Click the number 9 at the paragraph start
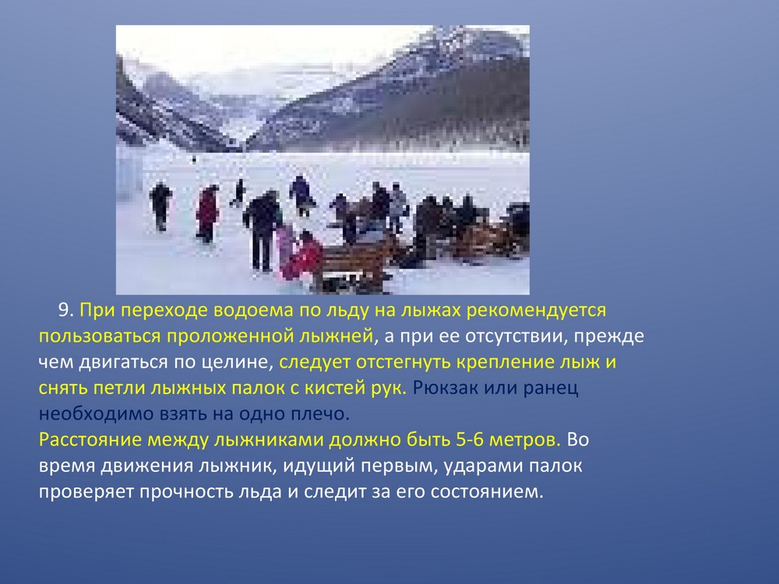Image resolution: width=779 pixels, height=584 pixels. click(66, 311)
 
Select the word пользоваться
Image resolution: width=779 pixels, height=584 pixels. click(99, 336)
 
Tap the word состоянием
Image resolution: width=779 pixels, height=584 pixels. click(488, 492)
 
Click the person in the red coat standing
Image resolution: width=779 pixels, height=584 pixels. click(206, 213)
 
